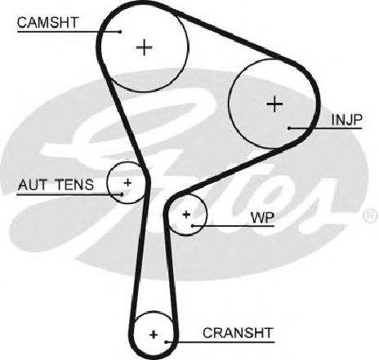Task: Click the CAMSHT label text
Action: coord(47,23)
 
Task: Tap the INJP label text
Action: coord(346,120)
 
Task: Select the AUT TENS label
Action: coord(56,184)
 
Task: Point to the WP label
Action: coord(263,217)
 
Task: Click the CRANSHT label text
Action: coord(238,333)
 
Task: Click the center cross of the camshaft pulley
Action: coord(144,47)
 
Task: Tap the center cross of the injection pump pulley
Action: coord(274,104)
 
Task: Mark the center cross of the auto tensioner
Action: coord(127,182)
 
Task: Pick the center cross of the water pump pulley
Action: coord(186,215)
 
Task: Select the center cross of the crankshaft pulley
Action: coord(154,334)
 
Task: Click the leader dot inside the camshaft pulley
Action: coord(120,32)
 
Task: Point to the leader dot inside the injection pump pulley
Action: coord(289,128)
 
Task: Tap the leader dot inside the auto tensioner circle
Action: coord(122,194)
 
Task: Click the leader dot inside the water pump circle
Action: coord(193,225)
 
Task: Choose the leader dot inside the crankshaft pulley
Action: coord(166,342)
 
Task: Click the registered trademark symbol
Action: coord(371,216)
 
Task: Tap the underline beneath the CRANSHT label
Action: coord(221,342)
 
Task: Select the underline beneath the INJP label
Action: coord(326,128)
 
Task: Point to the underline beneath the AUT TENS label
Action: coord(69,194)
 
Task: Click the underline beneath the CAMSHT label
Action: coord(69,32)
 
